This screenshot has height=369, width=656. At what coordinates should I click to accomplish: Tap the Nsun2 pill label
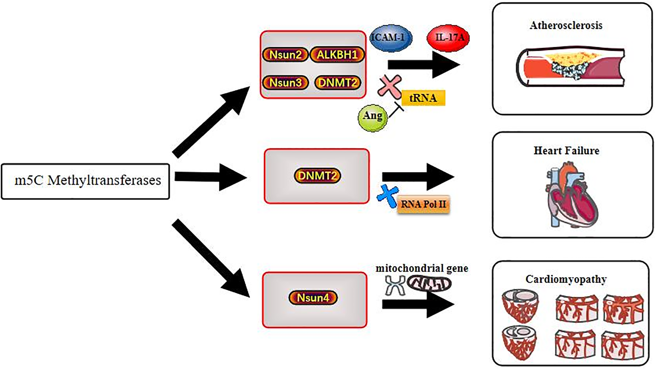(285, 55)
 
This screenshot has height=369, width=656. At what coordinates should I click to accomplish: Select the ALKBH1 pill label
(337, 55)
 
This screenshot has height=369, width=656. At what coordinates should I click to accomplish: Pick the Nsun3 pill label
(285, 83)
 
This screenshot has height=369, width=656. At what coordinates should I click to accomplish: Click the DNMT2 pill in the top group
(337, 83)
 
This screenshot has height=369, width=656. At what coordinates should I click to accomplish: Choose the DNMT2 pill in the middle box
(317, 176)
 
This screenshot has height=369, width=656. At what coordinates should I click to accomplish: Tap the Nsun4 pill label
(313, 297)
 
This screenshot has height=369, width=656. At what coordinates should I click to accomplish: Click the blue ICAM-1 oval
(391, 38)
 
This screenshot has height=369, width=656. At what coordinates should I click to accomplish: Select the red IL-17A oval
(448, 38)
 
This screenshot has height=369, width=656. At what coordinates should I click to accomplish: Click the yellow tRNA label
(423, 98)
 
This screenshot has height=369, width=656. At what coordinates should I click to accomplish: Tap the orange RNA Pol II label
(423, 204)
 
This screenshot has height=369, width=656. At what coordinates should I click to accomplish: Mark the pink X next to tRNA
(389, 85)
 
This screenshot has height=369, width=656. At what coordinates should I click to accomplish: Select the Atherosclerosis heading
(566, 25)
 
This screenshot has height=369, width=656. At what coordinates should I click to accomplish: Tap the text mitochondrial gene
(422, 268)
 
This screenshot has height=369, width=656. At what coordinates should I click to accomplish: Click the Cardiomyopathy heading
(566, 279)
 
